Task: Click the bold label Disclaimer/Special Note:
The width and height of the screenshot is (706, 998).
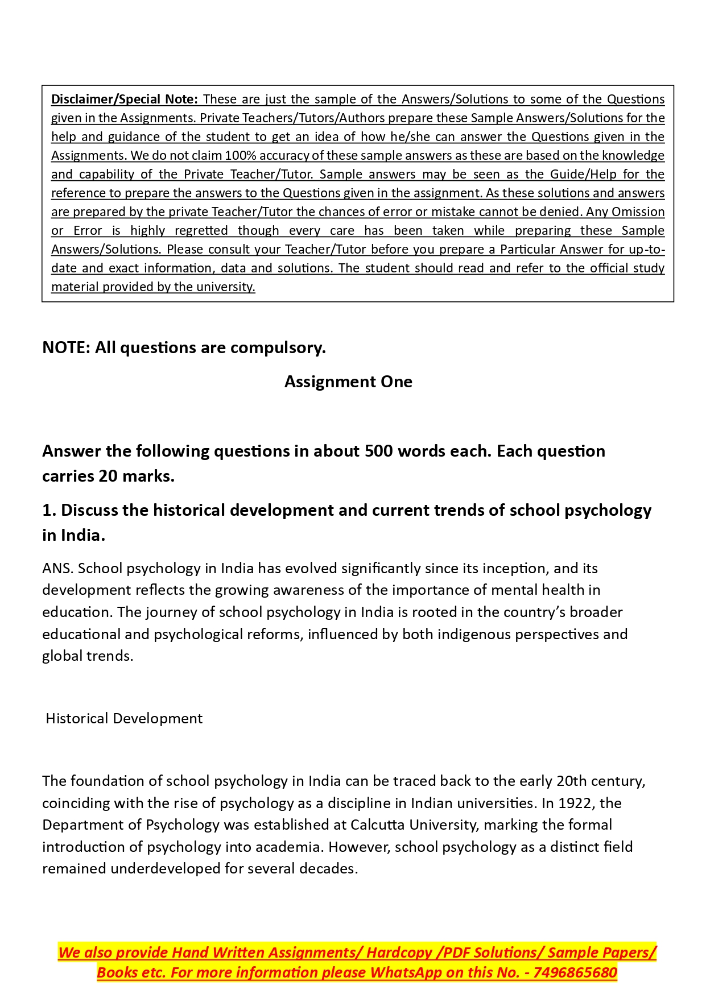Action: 124,99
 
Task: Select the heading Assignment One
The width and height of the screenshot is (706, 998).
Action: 348,382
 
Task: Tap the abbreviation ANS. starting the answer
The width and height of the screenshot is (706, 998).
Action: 57,568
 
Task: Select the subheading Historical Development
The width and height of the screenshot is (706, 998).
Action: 124,718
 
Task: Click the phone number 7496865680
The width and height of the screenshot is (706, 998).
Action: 575,972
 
